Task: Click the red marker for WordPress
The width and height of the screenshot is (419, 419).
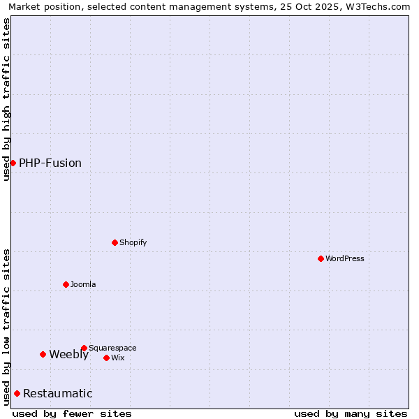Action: click(x=321, y=258)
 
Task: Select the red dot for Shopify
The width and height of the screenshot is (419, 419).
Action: click(x=115, y=242)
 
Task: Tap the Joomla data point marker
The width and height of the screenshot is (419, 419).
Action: click(x=66, y=284)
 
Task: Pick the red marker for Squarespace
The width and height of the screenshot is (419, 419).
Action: click(x=84, y=348)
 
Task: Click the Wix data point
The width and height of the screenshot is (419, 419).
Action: click(x=106, y=358)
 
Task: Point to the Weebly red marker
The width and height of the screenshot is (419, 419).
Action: click(x=43, y=354)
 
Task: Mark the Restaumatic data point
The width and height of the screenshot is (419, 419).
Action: click(x=17, y=393)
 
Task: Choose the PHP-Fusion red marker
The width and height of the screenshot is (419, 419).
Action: click(x=13, y=163)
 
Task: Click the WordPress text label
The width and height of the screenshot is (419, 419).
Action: click(x=345, y=259)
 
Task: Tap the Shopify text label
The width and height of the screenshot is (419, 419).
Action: click(x=133, y=243)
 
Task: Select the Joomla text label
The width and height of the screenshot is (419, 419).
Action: click(x=83, y=285)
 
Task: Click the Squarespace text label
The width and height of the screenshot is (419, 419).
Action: click(x=112, y=348)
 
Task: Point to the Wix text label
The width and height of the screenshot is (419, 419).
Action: click(x=118, y=358)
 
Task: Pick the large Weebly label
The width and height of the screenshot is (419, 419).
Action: click(x=68, y=355)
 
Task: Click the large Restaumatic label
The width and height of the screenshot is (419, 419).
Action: click(x=57, y=394)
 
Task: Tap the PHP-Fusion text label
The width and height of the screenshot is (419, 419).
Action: click(x=50, y=163)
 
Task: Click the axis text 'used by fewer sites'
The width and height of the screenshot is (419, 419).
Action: click(x=72, y=413)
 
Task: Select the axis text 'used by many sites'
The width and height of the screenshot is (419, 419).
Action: click(x=351, y=413)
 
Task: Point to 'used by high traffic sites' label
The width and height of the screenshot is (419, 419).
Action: click(x=6, y=100)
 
